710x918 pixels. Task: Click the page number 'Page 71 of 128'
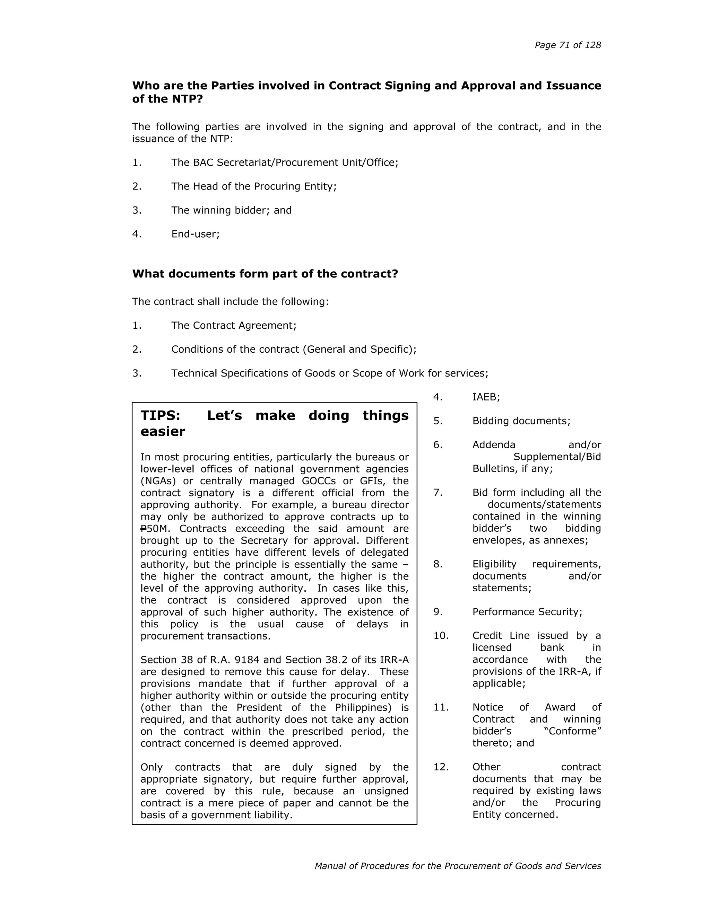pos(568,45)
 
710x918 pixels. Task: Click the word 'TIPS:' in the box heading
pos(160,416)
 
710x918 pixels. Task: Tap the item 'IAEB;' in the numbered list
pos(486,397)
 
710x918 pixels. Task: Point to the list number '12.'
pos(441,767)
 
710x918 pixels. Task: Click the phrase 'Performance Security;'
pos(527,611)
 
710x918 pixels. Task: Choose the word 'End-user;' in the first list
pos(195,234)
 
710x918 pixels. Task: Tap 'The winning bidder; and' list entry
pos(231,210)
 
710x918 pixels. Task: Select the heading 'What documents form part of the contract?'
pos(265,274)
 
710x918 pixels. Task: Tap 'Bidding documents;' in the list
pos(521,421)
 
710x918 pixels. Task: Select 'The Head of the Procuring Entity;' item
pos(254,186)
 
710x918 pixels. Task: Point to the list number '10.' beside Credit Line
pos(441,636)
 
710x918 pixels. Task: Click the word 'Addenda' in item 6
pos(493,445)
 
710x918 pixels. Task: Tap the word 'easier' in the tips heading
pos(163,432)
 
